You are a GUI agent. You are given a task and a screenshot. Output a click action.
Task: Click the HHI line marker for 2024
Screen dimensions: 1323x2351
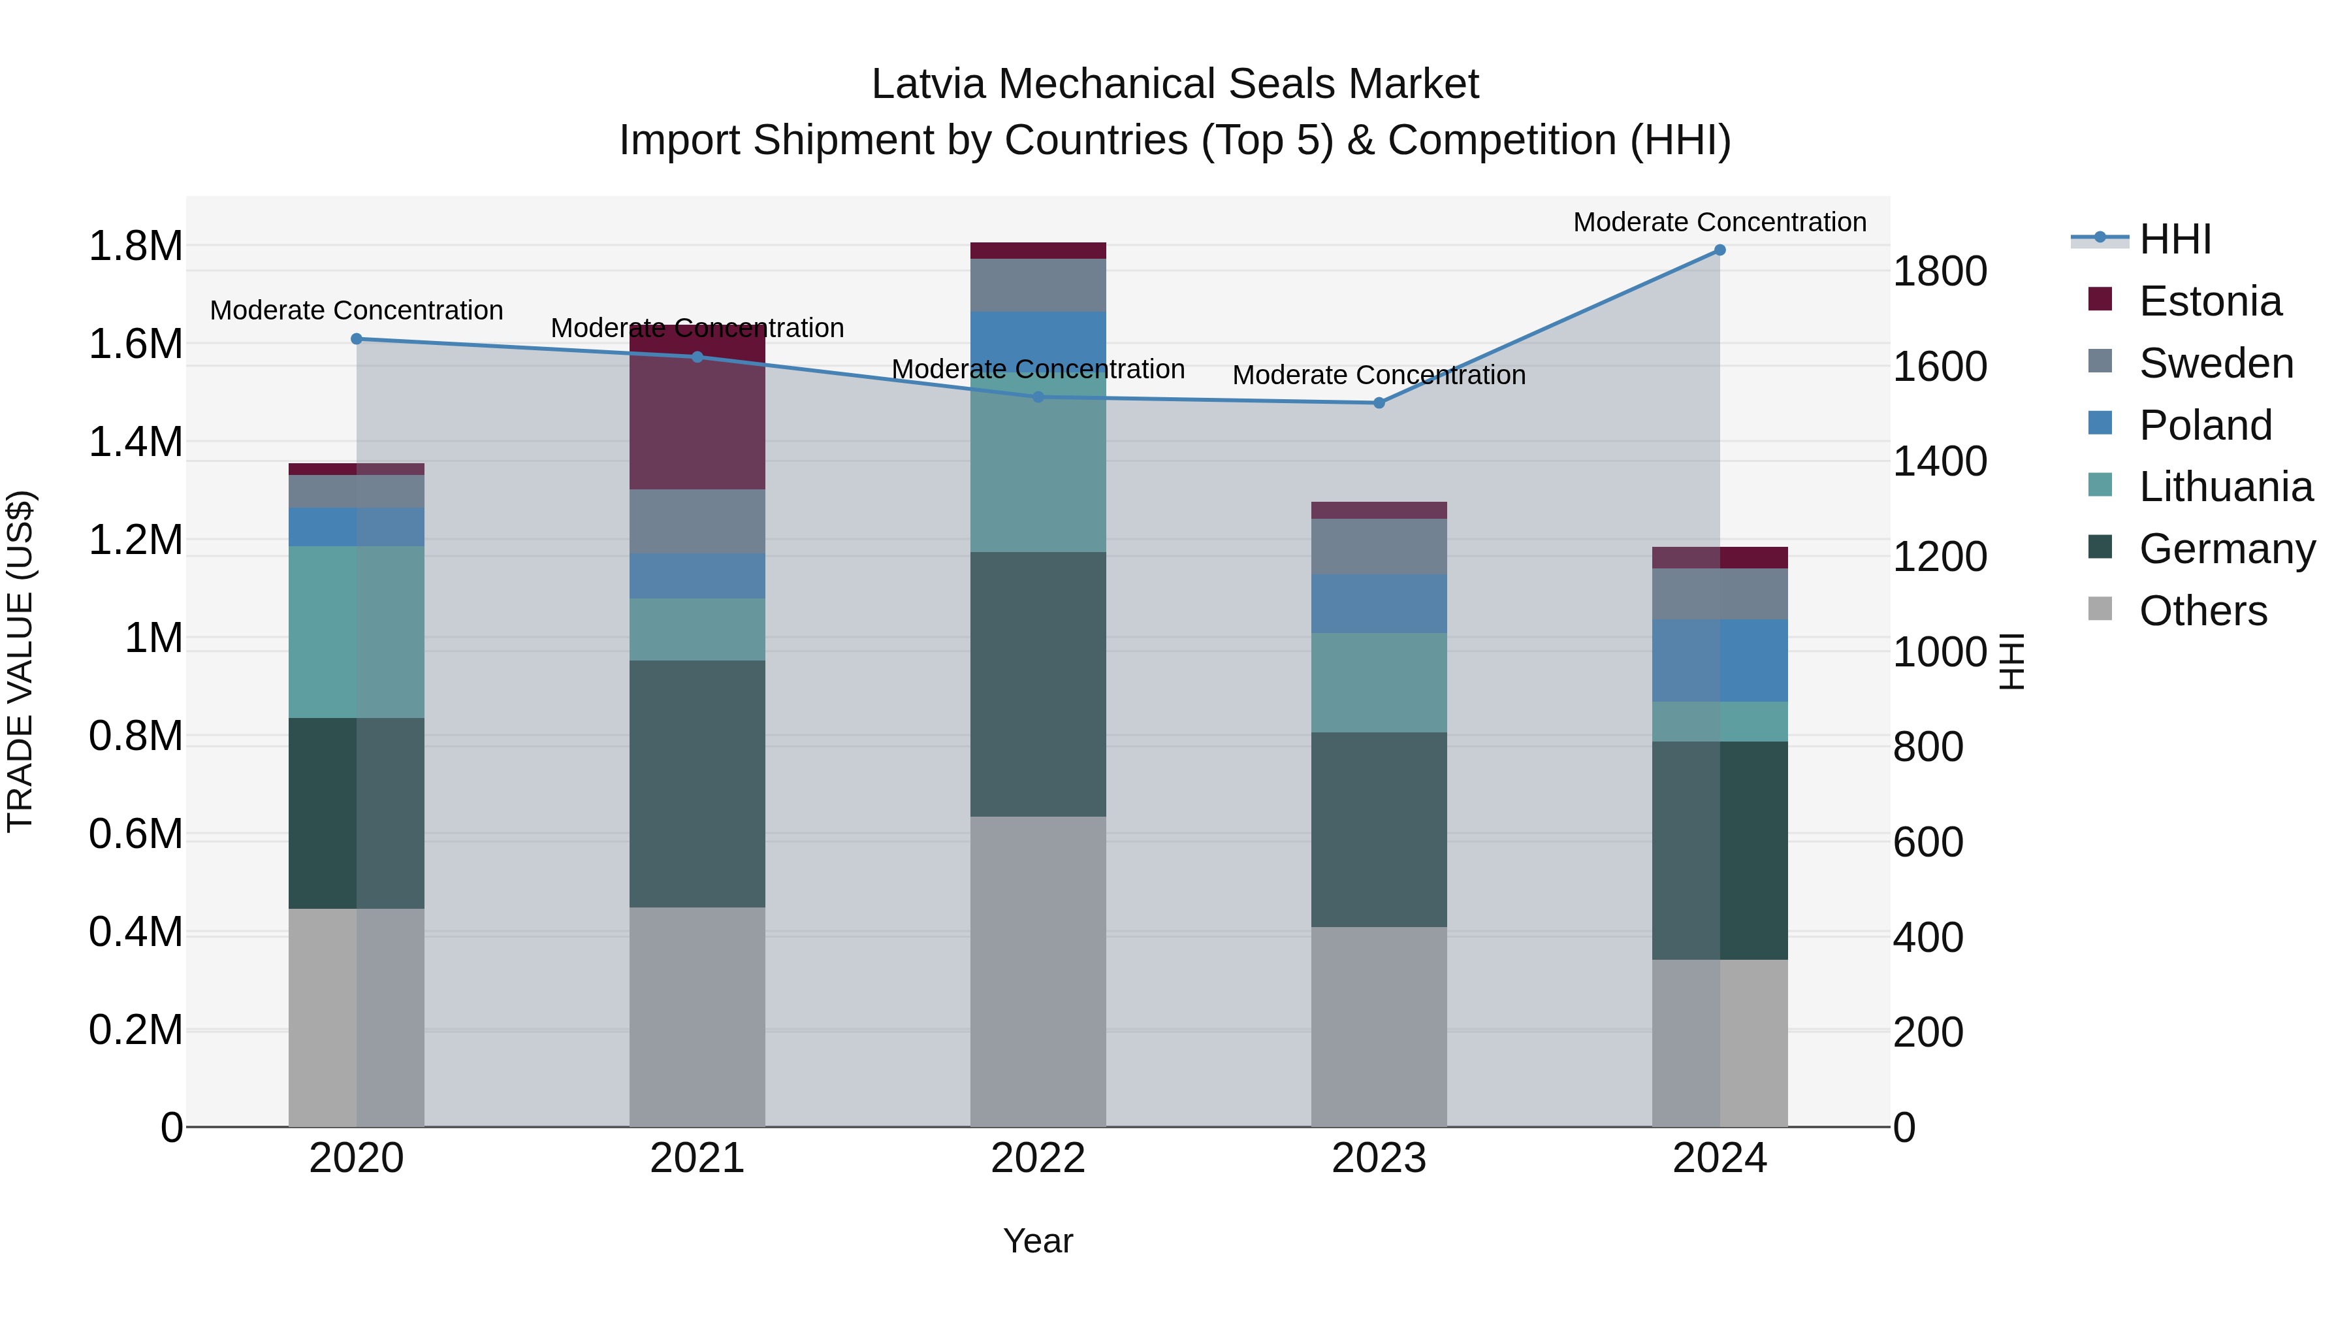pyautogui.click(x=1719, y=250)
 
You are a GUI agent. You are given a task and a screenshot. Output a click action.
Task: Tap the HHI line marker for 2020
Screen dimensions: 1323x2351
pyautogui.click(x=357, y=338)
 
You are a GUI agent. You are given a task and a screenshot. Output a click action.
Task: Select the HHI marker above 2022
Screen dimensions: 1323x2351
pyautogui.click(x=1038, y=397)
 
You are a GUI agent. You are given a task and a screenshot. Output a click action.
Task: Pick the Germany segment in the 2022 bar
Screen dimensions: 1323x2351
pyautogui.click(x=1038, y=684)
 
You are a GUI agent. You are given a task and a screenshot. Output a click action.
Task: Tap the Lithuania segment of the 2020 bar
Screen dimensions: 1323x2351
pyautogui.click(x=356, y=632)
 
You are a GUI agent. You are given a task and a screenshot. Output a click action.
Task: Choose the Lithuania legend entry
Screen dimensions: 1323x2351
pyautogui.click(x=2225, y=487)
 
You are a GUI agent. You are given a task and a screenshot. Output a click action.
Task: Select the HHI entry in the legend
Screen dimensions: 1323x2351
pyautogui.click(x=2175, y=239)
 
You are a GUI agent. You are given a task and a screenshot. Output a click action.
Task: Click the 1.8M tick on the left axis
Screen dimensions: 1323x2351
pyautogui.click(x=135, y=246)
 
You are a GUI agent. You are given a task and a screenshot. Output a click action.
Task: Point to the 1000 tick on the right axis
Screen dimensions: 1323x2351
pyautogui.click(x=1940, y=652)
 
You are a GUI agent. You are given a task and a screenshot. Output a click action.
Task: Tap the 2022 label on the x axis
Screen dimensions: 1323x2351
pyautogui.click(x=1038, y=1158)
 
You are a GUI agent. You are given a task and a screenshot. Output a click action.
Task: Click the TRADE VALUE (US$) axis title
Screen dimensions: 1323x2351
pyautogui.click(x=20, y=661)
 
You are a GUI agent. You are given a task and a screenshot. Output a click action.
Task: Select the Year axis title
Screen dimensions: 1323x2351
pyautogui.click(x=1038, y=1241)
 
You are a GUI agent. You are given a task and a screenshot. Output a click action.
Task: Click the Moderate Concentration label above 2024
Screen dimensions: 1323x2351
pyautogui.click(x=1719, y=222)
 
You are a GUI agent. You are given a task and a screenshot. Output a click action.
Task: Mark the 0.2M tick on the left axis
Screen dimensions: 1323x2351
pyautogui.click(x=135, y=1030)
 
